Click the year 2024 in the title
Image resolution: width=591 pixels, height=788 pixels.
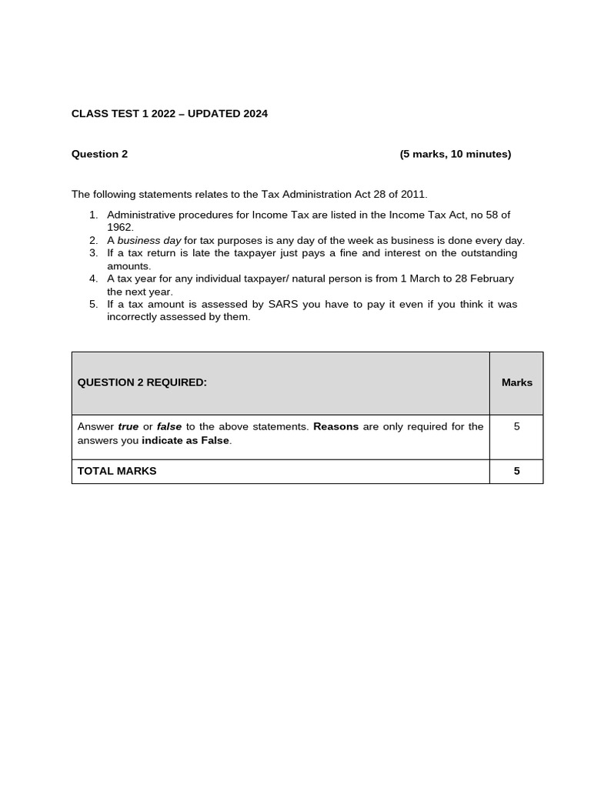click(x=255, y=114)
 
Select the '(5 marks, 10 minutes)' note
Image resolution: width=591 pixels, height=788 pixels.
click(x=455, y=154)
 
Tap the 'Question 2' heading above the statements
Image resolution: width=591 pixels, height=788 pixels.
click(x=99, y=154)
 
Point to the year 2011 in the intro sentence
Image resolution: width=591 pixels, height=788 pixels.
click(x=412, y=195)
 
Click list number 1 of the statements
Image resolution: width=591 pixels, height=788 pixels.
click(x=93, y=215)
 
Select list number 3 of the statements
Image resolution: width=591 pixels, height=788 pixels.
click(x=93, y=253)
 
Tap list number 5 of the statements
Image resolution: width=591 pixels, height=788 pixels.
click(x=93, y=304)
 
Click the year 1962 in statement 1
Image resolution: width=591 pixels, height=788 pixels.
click(x=120, y=228)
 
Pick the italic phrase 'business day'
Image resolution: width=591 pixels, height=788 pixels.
click(x=149, y=241)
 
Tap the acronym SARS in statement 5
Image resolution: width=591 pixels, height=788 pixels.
click(x=283, y=304)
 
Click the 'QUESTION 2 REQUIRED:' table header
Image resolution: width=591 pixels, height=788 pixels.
click(x=142, y=382)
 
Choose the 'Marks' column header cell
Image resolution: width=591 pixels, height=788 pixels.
click(x=516, y=382)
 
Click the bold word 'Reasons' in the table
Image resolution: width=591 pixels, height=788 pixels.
click(x=336, y=426)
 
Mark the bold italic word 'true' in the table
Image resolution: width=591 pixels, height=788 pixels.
click(x=128, y=426)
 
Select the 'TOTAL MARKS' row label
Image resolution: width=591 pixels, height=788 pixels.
click(x=117, y=471)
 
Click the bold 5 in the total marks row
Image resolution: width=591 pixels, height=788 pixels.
click(x=516, y=471)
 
